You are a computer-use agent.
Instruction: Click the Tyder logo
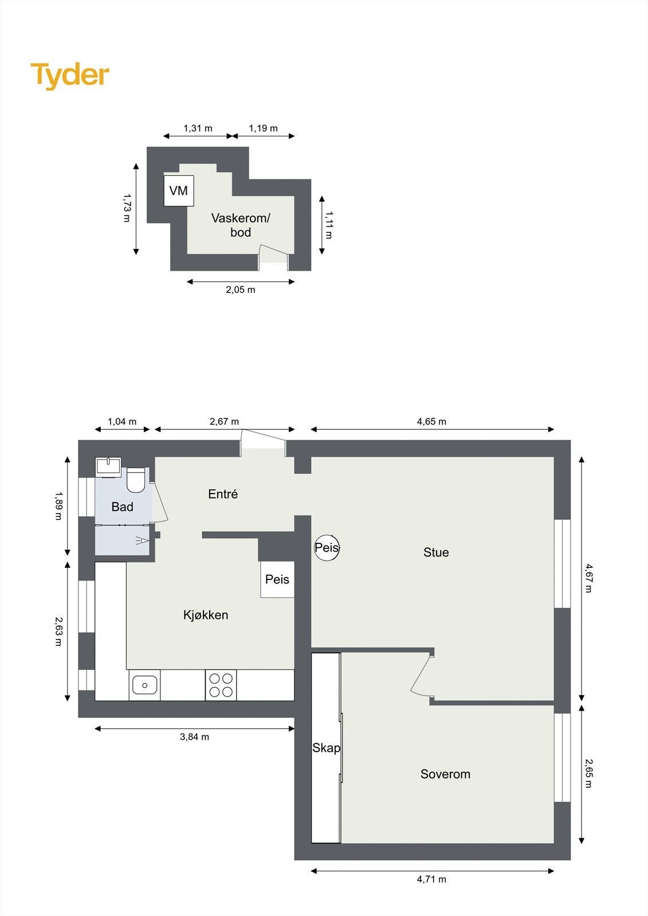(x=70, y=76)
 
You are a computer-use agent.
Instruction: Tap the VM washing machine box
(x=179, y=191)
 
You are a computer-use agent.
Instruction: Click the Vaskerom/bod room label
(x=241, y=225)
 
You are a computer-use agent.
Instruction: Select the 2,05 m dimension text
(x=241, y=290)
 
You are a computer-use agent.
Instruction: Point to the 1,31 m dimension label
(x=198, y=128)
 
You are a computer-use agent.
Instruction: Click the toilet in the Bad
(x=136, y=481)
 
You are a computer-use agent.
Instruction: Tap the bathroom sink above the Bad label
(x=108, y=466)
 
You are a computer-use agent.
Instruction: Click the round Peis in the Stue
(x=327, y=548)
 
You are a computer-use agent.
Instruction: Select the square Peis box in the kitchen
(x=277, y=579)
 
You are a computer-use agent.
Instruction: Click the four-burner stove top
(x=221, y=685)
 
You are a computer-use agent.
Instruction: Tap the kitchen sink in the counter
(x=144, y=685)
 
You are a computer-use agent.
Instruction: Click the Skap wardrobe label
(x=326, y=748)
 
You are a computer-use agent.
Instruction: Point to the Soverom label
(x=445, y=774)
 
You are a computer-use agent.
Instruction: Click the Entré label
(x=223, y=494)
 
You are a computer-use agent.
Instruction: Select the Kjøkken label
(x=206, y=615)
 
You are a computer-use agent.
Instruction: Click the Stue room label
(x=436, y=552)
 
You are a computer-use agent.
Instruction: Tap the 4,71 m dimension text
(x=431, y=879)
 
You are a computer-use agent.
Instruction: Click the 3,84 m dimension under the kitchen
(x=195, y=737)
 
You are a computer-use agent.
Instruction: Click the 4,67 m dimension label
(x=588, y=578)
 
